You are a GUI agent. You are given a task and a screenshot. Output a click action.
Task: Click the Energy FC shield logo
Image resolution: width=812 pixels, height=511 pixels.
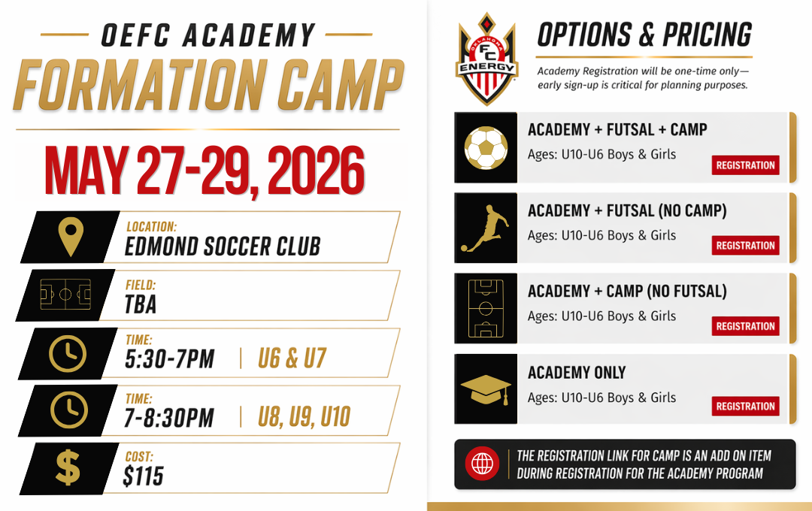[486, 59]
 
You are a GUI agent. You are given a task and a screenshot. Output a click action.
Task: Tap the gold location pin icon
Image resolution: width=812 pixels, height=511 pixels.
[71, 236]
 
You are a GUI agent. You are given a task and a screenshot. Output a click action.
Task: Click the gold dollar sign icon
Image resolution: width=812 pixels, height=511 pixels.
[68, 467]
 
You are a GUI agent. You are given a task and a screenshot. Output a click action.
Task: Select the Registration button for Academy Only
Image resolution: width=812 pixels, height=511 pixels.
[745, 406]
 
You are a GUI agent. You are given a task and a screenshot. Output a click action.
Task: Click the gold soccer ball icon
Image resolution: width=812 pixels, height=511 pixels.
[486, 147]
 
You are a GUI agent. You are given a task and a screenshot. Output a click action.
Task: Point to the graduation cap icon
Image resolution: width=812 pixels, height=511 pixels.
[486, 389]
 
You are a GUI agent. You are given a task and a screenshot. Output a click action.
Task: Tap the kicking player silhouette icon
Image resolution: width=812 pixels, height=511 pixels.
[485, 228]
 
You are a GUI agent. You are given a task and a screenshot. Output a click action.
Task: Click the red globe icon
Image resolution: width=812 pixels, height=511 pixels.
[482, 464]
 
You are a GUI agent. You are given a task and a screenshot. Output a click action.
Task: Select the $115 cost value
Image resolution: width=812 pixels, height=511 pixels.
[144, 476]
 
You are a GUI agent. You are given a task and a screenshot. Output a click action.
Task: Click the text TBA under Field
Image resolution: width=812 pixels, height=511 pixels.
[141, 304]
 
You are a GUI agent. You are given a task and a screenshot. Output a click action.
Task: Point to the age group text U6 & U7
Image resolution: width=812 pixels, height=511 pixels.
[292, 358]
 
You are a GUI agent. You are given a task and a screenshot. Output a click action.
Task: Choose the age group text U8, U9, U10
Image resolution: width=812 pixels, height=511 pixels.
[304, 417]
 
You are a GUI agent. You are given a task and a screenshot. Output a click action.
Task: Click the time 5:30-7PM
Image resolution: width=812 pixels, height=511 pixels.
[169, 358]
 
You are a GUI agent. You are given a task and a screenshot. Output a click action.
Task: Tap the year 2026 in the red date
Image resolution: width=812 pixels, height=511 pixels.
[316, 170]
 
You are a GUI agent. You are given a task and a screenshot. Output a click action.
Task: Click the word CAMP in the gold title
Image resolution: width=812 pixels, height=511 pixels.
[341, 86]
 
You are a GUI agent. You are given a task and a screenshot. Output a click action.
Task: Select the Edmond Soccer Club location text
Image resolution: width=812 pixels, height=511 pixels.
[223, 246]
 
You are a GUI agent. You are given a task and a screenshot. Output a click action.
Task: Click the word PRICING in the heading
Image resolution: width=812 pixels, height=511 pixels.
[707, 35]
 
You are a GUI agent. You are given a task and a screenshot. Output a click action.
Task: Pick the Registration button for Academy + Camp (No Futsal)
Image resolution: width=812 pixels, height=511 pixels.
[745, 326]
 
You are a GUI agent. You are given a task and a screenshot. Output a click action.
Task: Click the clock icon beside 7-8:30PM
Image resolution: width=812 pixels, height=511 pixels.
[69, 410]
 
